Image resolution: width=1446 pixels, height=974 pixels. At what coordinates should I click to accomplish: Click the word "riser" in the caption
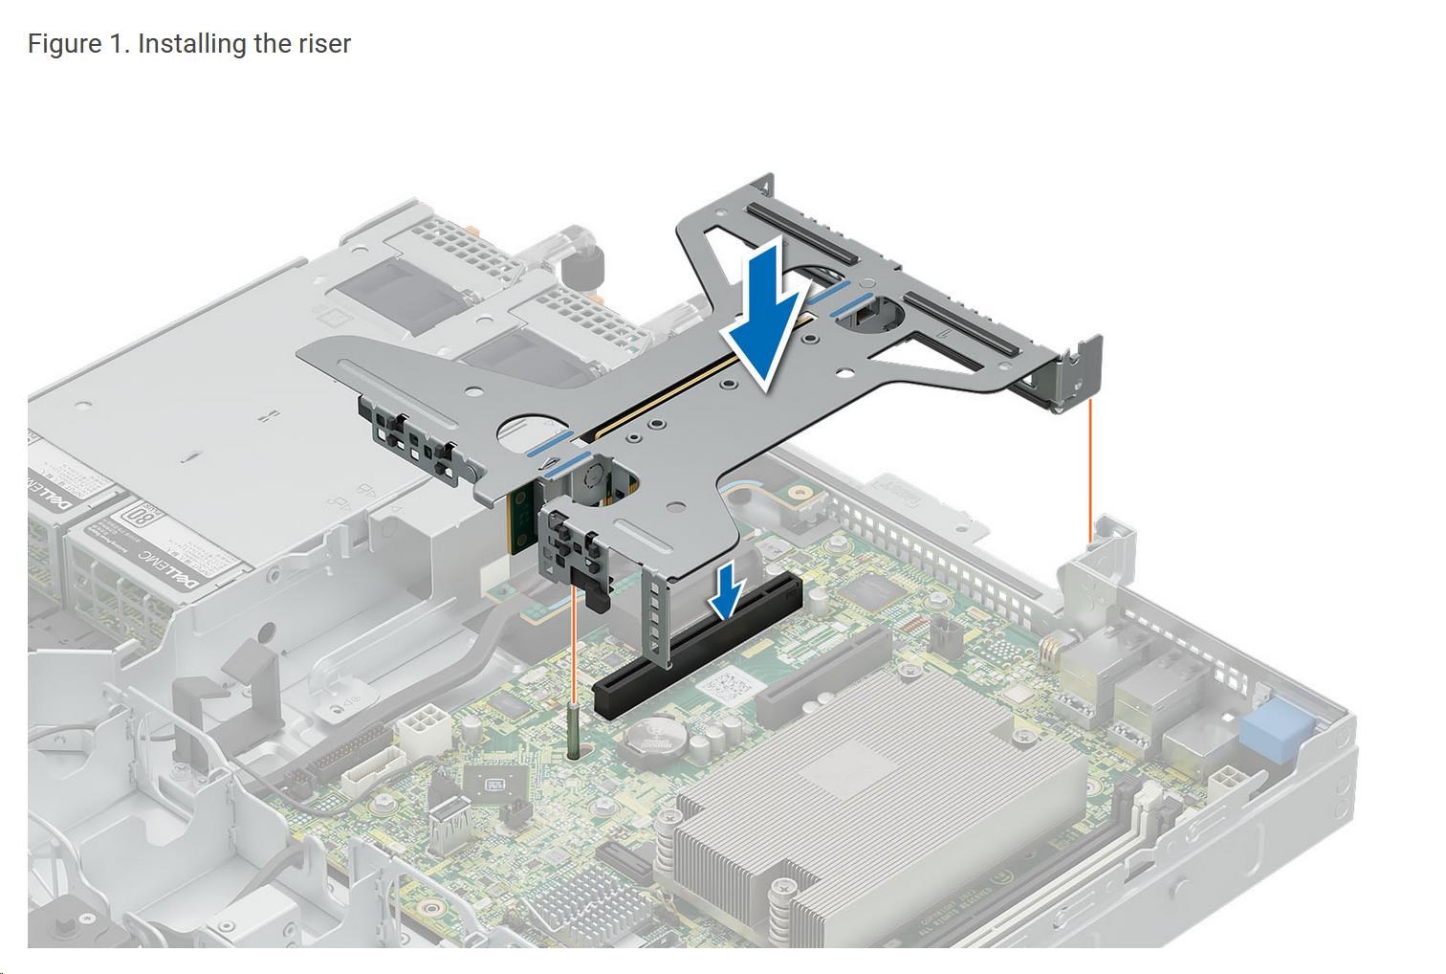tap(323, 44)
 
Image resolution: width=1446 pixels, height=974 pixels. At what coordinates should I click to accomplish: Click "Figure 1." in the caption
tap(78, 44)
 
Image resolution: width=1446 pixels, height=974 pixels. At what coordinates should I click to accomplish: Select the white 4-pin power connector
tap(420, 732)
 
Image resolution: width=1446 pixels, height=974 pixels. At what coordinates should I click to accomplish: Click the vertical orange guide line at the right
tap(1090, 469)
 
